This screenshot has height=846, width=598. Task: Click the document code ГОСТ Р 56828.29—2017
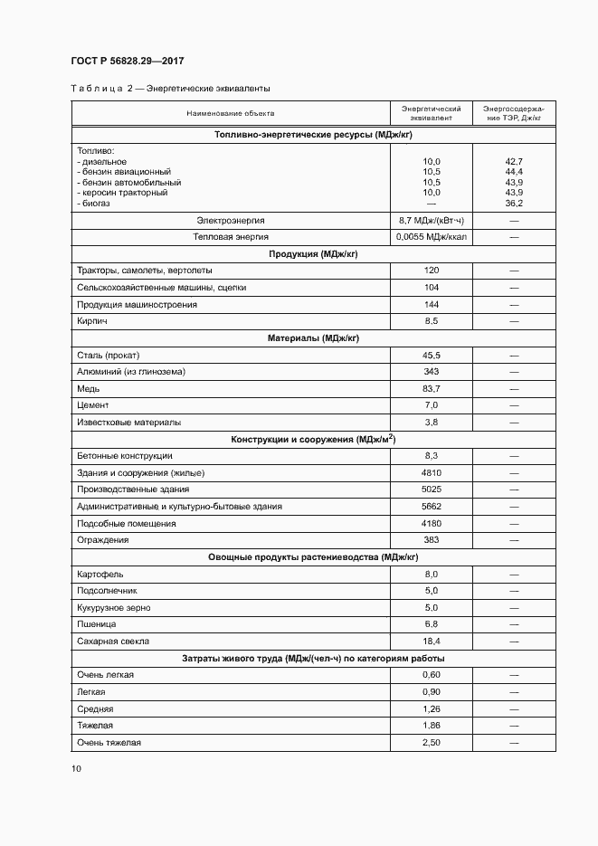(x=128, y=62)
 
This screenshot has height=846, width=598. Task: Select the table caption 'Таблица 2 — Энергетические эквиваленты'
(x=170, y=89)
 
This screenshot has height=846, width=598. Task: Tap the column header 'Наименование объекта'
(x=231, y=113)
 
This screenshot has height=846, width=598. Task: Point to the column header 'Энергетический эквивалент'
(x=431, y=113)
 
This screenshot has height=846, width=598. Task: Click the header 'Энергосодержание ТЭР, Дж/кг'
(x=513, y=113)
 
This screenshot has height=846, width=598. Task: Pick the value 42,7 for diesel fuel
(x=514, y=161)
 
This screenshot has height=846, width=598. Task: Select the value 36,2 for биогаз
(x=514, y=204)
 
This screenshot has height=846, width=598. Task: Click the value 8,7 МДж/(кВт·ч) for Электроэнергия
(x=431, y=220)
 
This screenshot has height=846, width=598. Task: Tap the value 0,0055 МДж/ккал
(x=431, y=237)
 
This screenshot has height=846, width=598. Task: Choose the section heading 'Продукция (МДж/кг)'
(x=313, y=253)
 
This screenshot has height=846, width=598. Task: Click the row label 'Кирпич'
(x=92, y=321)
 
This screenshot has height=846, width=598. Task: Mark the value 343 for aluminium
(x=431, y=372)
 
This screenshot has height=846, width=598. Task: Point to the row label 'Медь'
(x=89, y=388)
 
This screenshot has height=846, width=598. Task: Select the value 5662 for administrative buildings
(x=431, y=507)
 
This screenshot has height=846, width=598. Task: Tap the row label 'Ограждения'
(x=103, y=540)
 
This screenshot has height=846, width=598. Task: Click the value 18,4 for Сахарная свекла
(x=431, y=642)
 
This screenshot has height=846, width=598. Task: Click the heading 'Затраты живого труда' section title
(x=313, y=658)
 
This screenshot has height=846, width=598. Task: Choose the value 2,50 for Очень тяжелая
(x=431, y=743)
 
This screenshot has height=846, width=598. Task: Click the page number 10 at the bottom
(x=76, y=768)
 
